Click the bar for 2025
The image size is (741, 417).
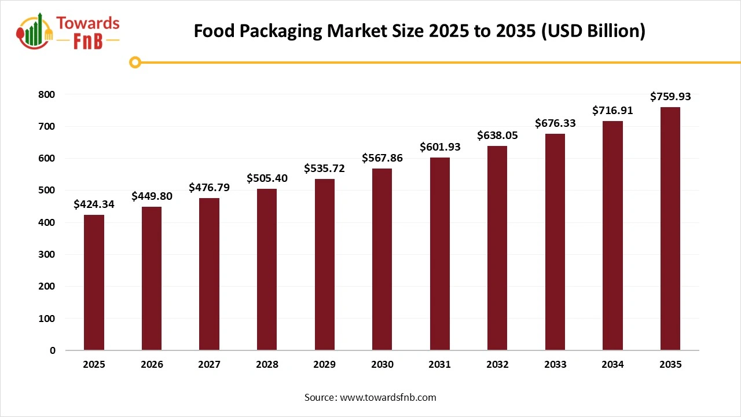point(94,283)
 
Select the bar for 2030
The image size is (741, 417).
point(382,259)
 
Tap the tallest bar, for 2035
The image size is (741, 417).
point(670,229)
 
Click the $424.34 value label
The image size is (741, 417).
point(94,204)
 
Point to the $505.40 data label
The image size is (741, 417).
point(267,178)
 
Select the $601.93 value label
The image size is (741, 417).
point(440,147)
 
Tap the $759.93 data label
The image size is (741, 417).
point(670,96)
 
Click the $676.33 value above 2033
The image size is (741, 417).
point(555,123)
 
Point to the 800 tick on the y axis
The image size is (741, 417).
point(48,94)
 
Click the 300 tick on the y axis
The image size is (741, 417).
point(48,254)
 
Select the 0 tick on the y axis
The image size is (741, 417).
point(53,350)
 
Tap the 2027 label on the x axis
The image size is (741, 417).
point(209,364)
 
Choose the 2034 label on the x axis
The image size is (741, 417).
point(612,364)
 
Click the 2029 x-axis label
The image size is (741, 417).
point(325,364)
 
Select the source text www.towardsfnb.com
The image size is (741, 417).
point(387,397)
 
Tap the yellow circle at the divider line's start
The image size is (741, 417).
point(135,62)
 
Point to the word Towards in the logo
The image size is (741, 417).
point(87,24)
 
